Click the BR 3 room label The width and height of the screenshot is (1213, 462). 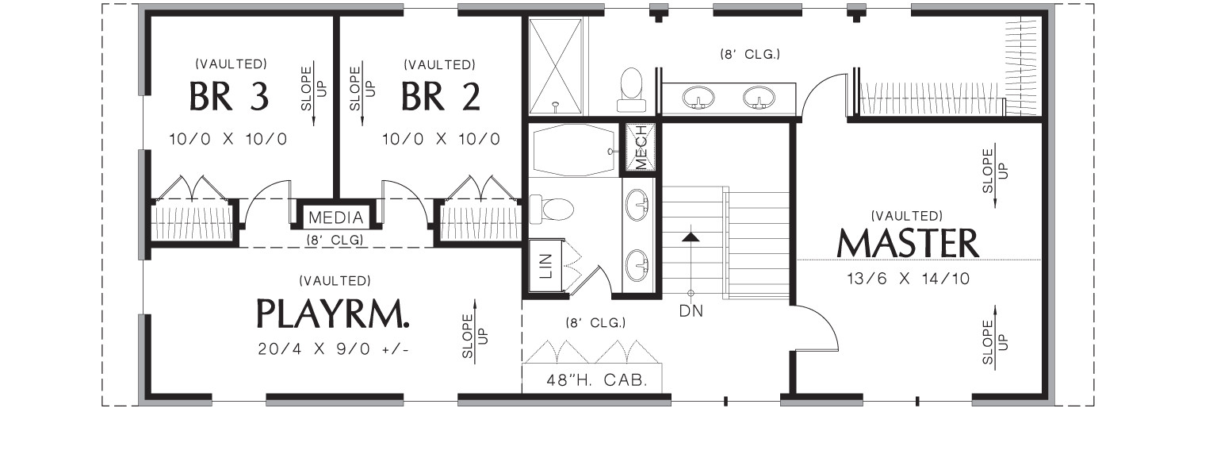[229, 96]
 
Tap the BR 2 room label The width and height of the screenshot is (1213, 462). [440, 96]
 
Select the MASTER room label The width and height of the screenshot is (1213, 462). [908, 244]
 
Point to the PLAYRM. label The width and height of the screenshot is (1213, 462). [334, 314]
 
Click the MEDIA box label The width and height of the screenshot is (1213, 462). [335, 218]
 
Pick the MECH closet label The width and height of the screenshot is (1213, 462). [641, 147]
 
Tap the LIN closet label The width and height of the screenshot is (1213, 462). [545, 267]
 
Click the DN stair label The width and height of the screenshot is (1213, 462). [691, 311]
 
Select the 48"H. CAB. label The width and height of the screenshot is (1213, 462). [591, 379]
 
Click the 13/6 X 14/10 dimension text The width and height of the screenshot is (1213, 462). [908, 279]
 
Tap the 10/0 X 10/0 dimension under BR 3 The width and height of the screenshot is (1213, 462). [228, 139]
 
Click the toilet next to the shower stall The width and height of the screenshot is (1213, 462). [631, 89]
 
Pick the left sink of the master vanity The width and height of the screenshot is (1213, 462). [698, 98]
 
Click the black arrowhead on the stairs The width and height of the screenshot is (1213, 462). [691, 237]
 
